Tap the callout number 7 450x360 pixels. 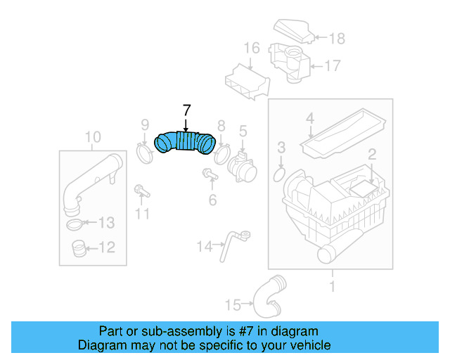click(186, 110)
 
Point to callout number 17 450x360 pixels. click(332, 66)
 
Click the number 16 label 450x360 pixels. click(252, 49)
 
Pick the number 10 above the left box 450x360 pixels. click(93, 136)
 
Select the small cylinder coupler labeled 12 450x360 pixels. click(79, 247)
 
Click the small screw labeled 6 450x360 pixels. click(209, 174)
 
